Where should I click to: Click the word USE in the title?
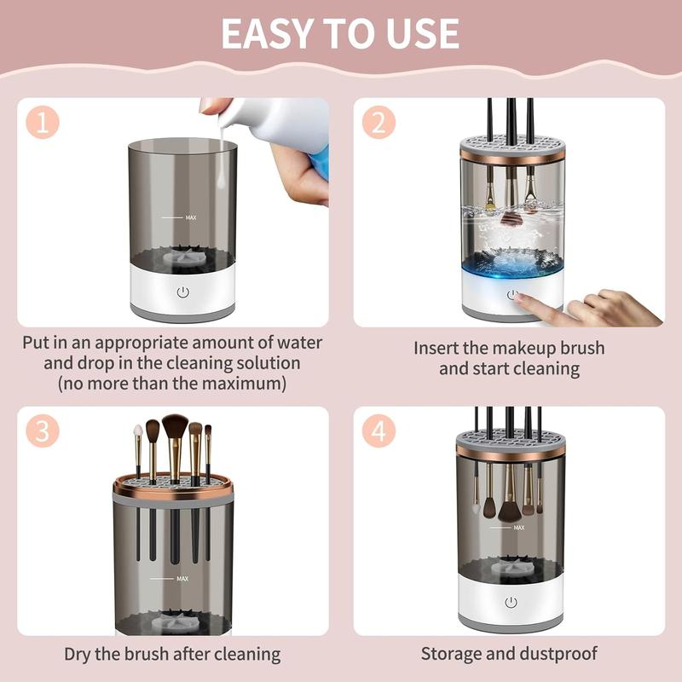(422, 33)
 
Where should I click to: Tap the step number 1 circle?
(42, 122)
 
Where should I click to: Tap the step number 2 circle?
(379, 122)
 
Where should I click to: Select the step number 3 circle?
(42, 431)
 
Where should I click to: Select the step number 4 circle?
(379, 431)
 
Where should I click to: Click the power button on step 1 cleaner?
(183, 292)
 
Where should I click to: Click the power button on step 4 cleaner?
(511, 603)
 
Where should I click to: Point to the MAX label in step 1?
(191, 217)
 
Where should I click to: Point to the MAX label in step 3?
(182, 579)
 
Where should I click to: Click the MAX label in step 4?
(519, 528)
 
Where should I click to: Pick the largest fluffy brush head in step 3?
(175, 425)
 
